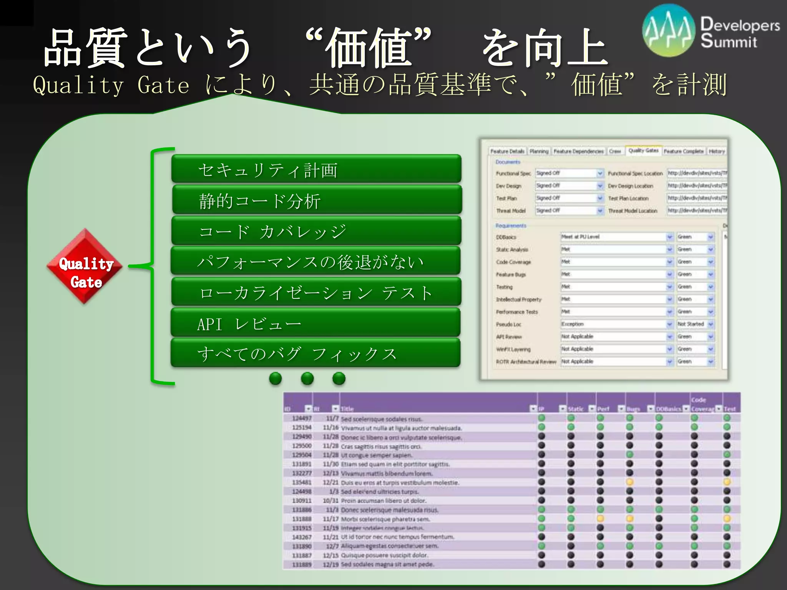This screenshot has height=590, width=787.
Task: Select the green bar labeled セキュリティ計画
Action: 316,169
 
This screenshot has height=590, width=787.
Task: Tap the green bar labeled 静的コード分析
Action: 317,200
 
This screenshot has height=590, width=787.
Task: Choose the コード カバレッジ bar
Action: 316,230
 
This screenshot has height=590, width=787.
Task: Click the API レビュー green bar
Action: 316,323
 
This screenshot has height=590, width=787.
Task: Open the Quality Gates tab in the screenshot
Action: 643,151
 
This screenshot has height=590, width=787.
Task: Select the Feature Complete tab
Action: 684,151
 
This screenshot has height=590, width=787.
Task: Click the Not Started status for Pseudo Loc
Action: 691,324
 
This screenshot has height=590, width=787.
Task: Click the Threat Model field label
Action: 510,211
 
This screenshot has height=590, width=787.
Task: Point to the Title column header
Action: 347,409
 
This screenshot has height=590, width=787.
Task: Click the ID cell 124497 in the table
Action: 302,418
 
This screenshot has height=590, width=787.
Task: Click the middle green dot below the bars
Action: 307,379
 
